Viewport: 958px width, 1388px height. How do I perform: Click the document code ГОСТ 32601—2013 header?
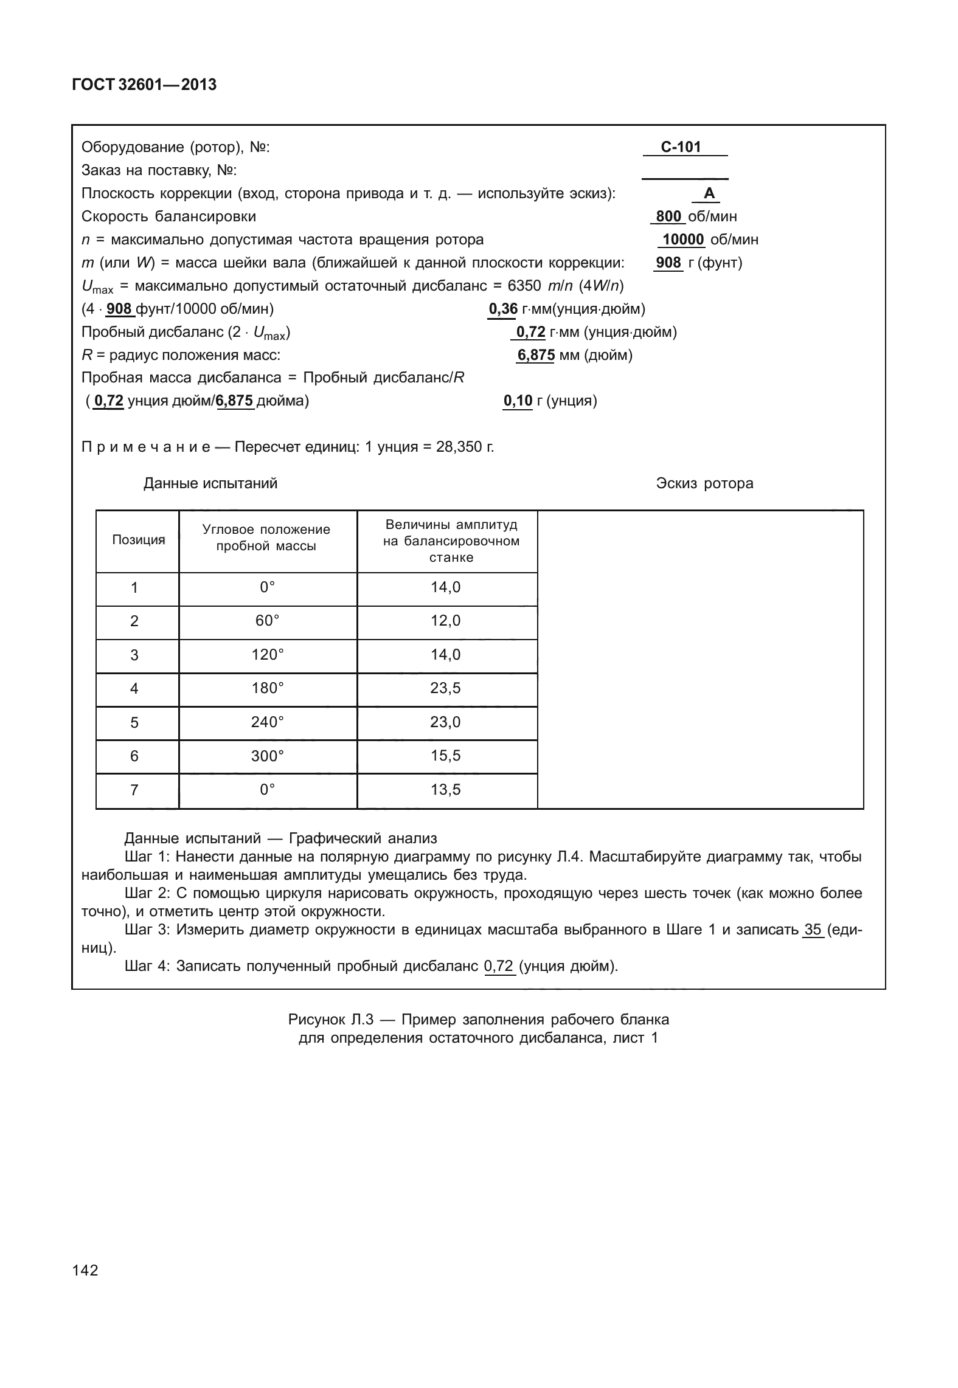tap(144, 85)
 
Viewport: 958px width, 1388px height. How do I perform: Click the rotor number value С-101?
tap(681, 147)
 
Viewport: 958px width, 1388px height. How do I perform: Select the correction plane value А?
tap(709, 194)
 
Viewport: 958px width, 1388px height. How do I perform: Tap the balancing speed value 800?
tap(668, 216)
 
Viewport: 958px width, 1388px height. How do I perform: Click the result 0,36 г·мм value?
tap(503, 309)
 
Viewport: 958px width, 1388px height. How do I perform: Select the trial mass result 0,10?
tap(518, 401)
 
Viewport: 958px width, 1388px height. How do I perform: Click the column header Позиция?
tap(138, 540)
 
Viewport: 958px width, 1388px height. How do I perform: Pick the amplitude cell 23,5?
tap(446, 688)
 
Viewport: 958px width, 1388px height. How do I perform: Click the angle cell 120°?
tap(268, 655)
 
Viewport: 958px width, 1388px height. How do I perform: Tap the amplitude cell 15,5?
tap(446, 756)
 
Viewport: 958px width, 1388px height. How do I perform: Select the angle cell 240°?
tap(268, 722)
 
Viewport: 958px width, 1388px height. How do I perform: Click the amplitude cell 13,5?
tap(446, 790)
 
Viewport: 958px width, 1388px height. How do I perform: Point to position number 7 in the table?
tap(134, 790)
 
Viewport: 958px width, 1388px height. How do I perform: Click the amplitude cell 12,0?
tap(446, 621)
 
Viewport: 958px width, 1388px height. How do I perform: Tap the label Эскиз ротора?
tap(704, 483)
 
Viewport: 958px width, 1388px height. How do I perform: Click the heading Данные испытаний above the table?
tap(210, 483)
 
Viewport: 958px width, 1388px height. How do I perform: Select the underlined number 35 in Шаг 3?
tap(812, 930)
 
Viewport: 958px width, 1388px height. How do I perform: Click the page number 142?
tap(85, 1270)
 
